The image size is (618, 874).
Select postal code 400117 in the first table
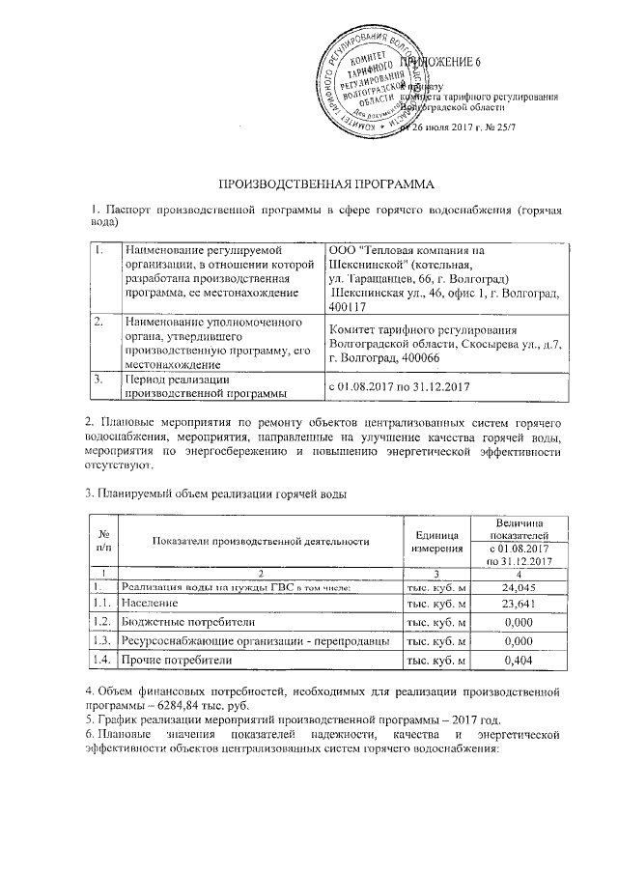[349, 306]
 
